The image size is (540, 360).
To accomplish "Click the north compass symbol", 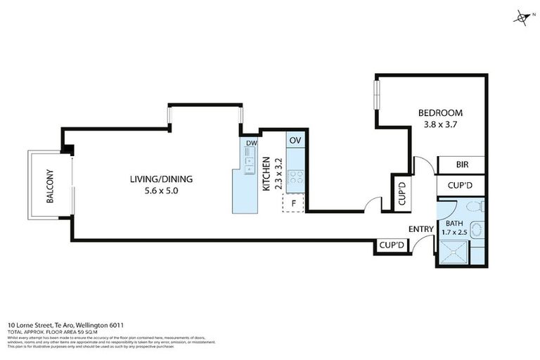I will click(522, 18).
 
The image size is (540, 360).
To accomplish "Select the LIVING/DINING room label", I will click(160, 179).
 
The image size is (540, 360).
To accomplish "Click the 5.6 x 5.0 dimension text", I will click(161, 191).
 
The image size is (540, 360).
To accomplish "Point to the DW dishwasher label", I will click(251, 145).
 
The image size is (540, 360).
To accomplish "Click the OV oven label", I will click(295, 140).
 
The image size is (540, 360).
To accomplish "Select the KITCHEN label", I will click(267, 176).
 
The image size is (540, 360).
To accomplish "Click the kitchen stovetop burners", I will click(297, 178).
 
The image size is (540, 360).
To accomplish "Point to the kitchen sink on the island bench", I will click(250, 165).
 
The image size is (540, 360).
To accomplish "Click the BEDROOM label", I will click(440, 112).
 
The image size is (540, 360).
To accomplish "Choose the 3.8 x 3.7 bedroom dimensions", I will click(440, 124).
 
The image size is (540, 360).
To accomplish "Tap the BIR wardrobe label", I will click(462, 165).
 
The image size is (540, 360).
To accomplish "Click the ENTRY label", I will click(421, 229).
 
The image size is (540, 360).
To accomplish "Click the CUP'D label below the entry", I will click(391, 245).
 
